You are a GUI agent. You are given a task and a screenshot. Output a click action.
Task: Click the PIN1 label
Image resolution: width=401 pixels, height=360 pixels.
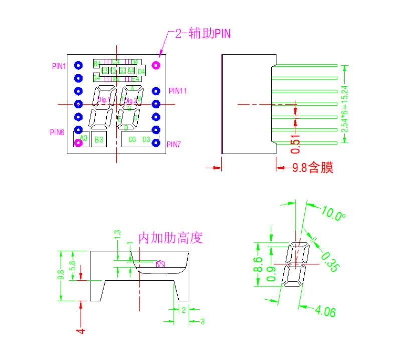(x=59, y=66)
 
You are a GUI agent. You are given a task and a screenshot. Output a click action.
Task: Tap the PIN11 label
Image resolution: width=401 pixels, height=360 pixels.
(x=178, y=91)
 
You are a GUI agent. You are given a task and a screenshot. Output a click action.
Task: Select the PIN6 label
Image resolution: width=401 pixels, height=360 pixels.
(x=57, y=133)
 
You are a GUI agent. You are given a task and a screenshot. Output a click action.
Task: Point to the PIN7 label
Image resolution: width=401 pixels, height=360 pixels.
(x=174, y=145)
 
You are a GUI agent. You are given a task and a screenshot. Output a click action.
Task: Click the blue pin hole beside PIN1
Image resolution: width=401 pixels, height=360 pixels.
(x=78, y=65)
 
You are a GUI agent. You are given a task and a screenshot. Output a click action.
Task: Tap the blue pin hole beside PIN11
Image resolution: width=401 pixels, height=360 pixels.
(x=156, y=91)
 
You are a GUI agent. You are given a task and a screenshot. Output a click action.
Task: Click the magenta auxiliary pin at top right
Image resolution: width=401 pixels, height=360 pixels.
(x=156, y=65)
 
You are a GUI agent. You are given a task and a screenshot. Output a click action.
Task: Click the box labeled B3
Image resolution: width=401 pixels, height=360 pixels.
(x=99, y=140)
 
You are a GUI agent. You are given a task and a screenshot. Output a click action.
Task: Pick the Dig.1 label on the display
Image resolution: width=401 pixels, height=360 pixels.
(x=104, y=100)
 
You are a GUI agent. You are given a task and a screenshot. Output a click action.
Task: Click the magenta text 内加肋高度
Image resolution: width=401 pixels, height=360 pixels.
(x=170, y=238)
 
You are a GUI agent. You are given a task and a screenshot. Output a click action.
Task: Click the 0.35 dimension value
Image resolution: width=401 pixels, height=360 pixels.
(x=328, y=262)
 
